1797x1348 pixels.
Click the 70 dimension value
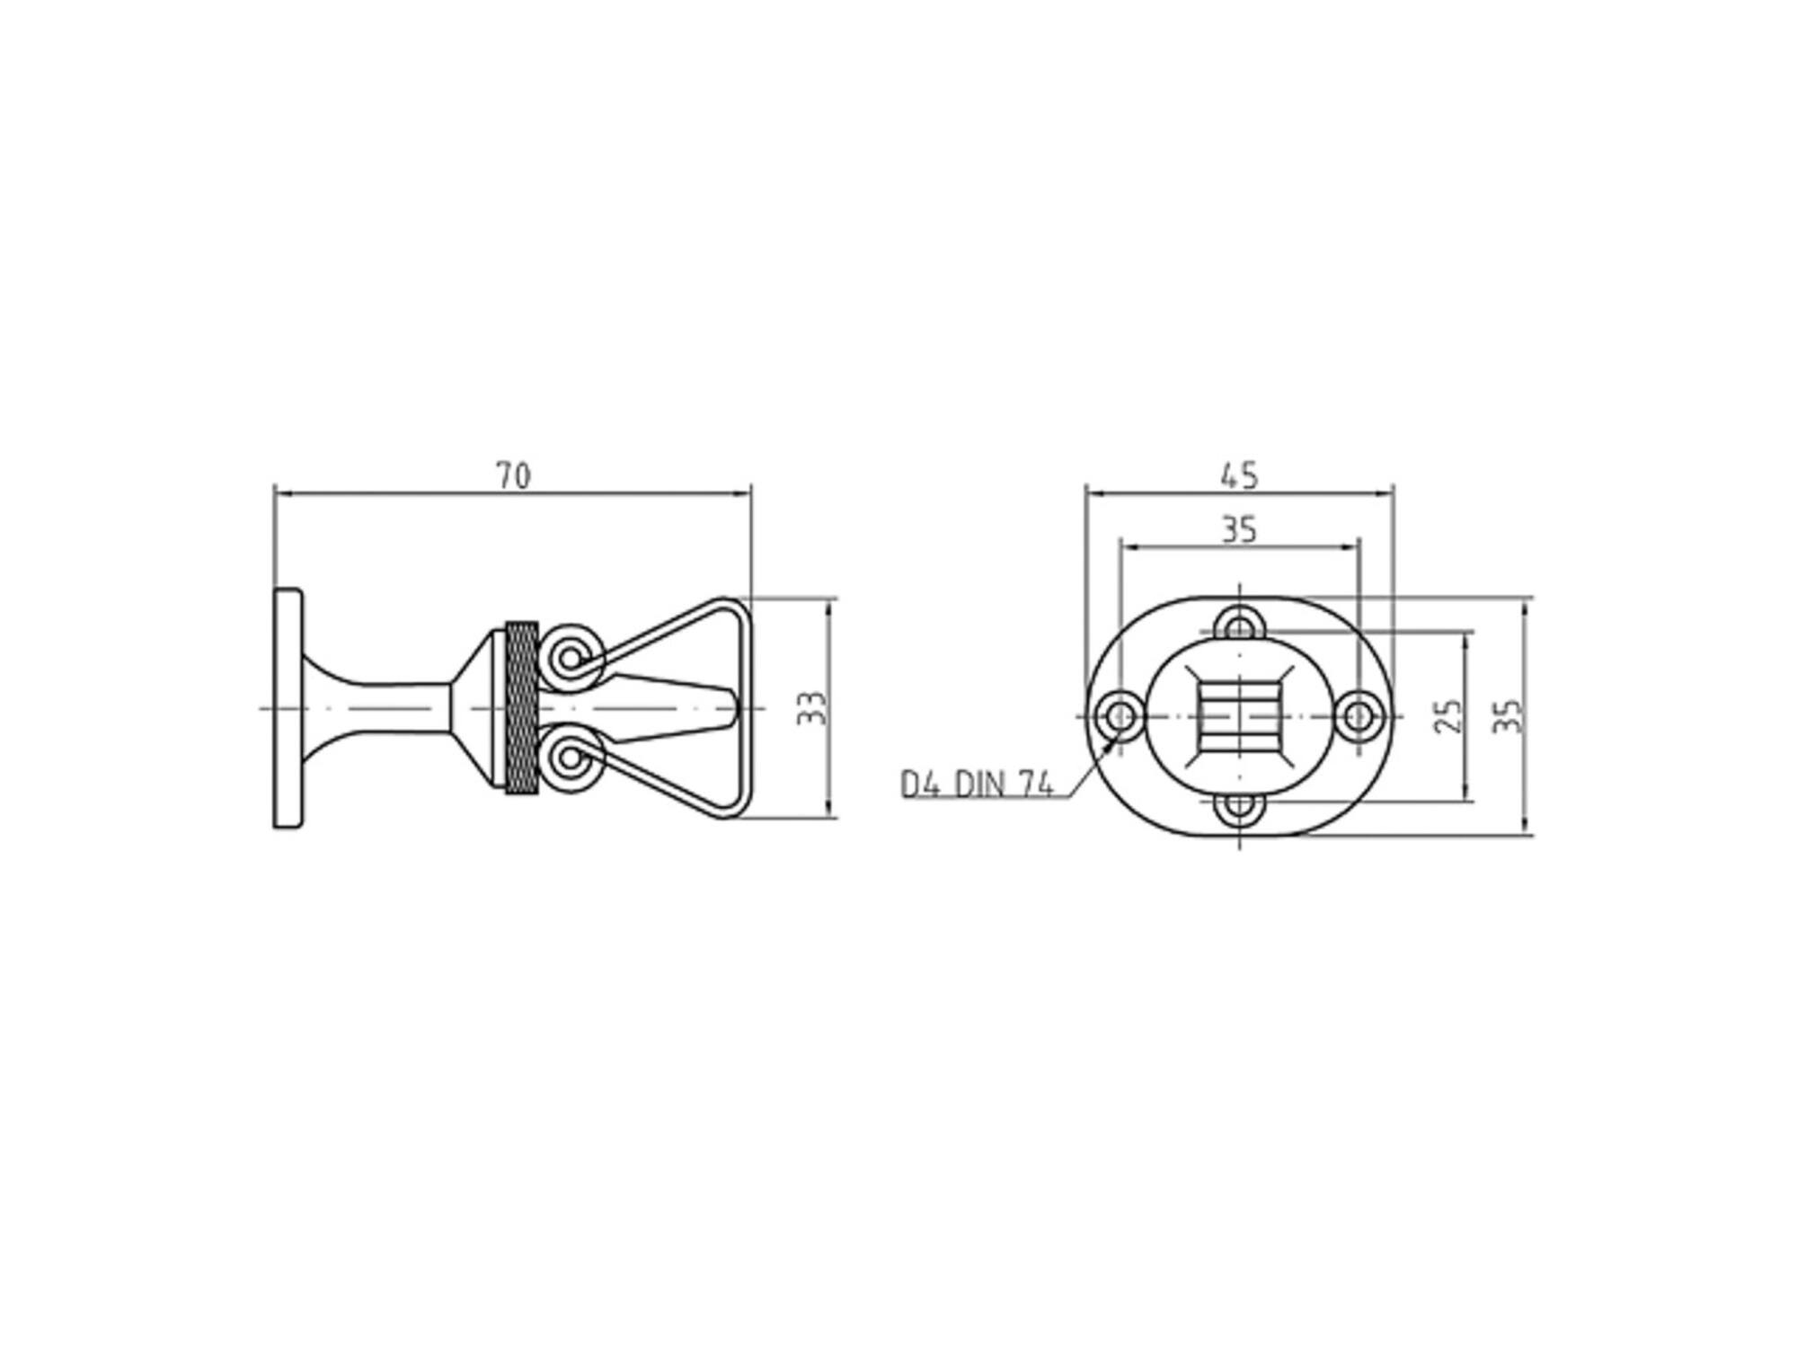[x=514, y=475]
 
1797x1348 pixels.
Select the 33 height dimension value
[x=811, y=708]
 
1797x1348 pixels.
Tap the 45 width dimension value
[x=1240, y=475]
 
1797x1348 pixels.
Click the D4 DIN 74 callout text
[x=977, y=785]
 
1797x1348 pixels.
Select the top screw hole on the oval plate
[x=1240, y=626]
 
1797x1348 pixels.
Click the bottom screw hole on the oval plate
[x=1240, y=806]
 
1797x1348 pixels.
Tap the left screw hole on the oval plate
[x=1120, y=716]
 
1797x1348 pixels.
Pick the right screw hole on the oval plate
[x=1359, y=716]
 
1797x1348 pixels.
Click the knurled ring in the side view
[x=521, y=708]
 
